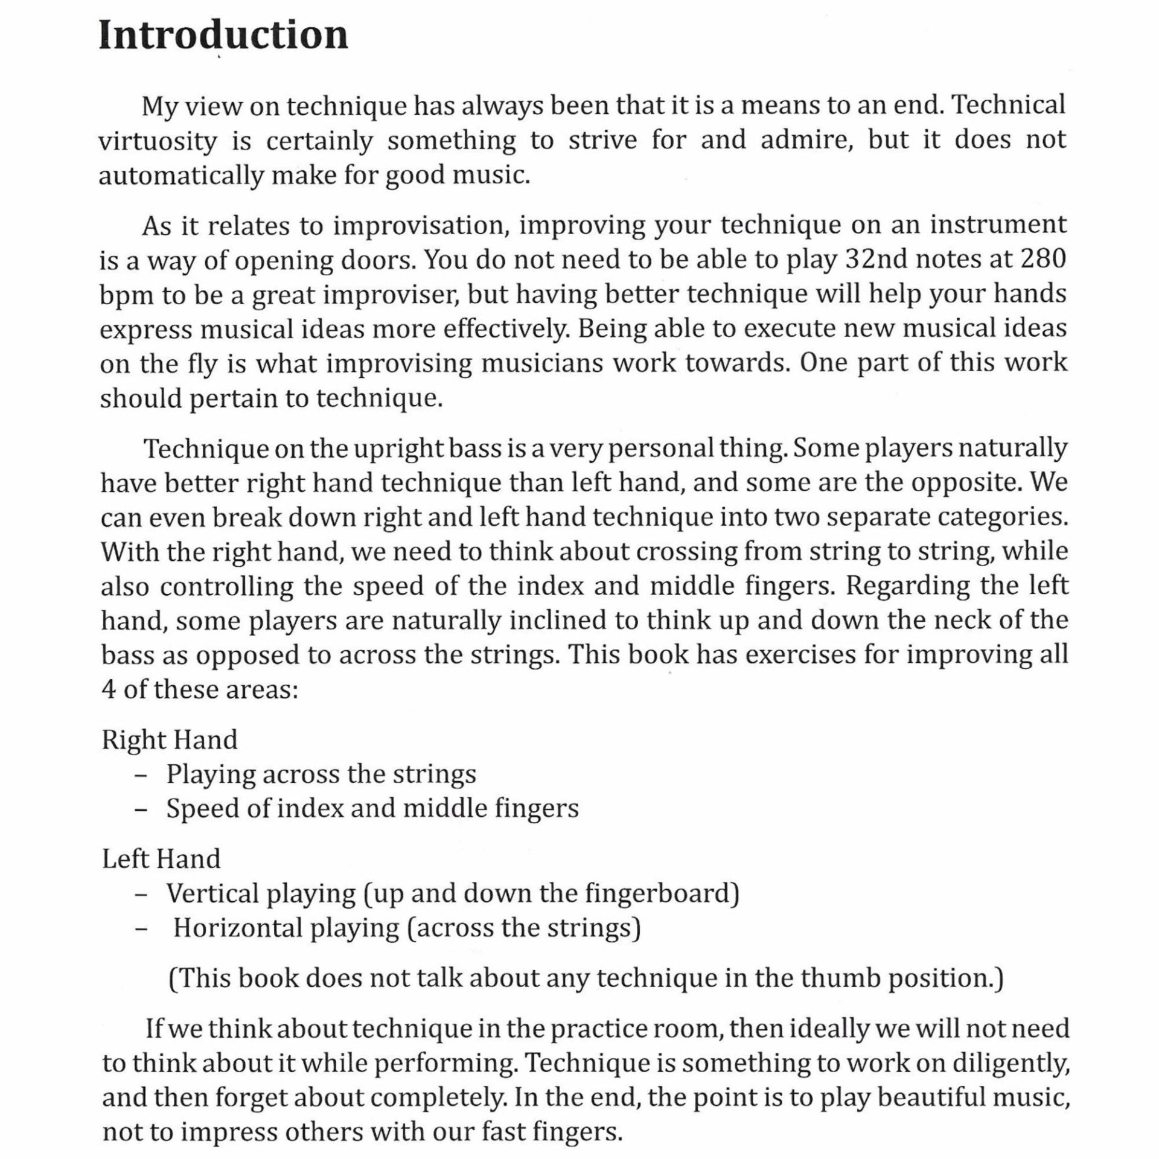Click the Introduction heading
tap(223, 36)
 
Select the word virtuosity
tap(157, 141)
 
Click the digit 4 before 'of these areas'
tap(109, 689)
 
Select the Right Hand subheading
tap(170, 740)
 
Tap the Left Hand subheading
tap(161, 859)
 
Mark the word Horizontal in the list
tap(237, 928)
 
